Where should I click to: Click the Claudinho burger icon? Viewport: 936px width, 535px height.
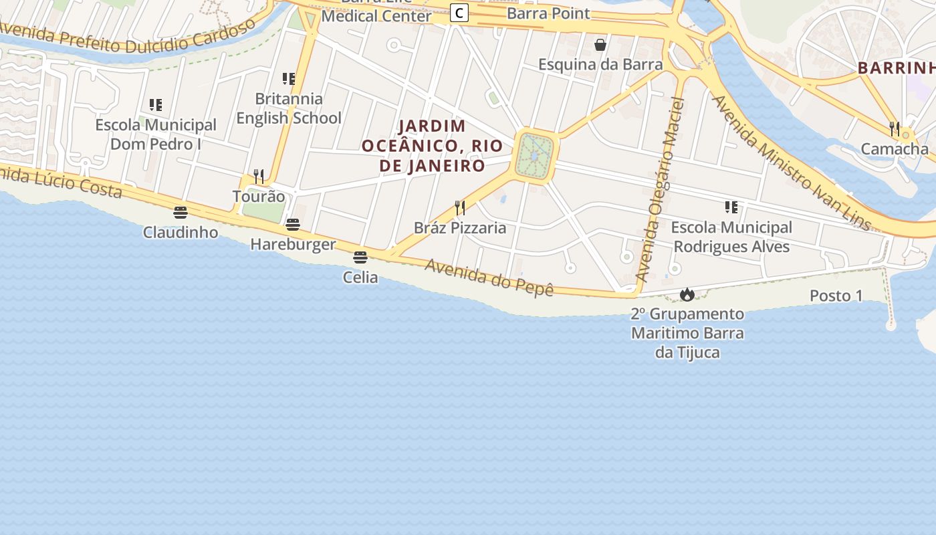tap(181, 213)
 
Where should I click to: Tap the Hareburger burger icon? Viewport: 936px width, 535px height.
tap(293, 225)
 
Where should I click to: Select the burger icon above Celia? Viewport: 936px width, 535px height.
tap(360, 257)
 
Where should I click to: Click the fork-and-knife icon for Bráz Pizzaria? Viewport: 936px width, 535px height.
tap(460, 208)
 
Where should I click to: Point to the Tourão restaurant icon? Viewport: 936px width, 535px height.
tap(259, 177)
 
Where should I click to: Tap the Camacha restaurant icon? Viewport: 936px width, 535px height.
tap(895, 128)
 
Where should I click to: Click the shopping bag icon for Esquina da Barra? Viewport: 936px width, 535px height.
tap(600, 45)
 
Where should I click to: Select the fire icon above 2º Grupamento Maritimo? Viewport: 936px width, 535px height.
tap(687, 294)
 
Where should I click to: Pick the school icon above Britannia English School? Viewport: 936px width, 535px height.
tap(289, 79)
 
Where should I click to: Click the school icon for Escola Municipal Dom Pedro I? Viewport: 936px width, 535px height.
tap(156, 105)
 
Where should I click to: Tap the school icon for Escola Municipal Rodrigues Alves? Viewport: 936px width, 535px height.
tap(731, 207)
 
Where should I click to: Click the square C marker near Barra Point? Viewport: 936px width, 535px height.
tap(459, 13)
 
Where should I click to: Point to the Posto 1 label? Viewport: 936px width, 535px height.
tap(836, 296)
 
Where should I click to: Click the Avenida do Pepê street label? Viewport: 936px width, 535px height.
tap(489, 278)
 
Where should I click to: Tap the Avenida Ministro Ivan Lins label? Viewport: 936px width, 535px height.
tap(792, 163)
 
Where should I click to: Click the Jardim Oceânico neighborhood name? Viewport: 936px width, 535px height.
tap(432, 146)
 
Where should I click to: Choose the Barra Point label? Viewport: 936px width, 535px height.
tap(548, 13)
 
